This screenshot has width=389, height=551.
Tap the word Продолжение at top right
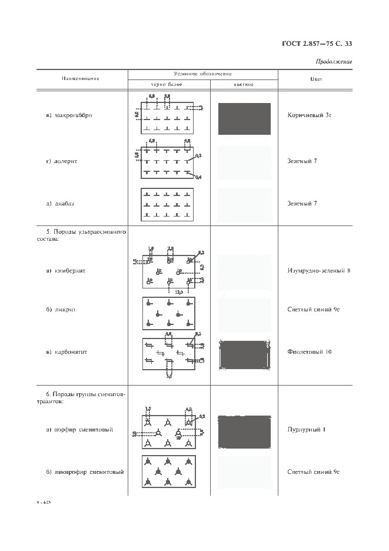[334, 61]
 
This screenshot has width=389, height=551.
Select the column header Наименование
[81, 79]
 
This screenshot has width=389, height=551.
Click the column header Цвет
[315, 79]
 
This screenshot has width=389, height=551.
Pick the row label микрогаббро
[69, 115]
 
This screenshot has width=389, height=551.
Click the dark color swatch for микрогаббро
[244, 119]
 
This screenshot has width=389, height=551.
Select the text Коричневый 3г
[310, 115]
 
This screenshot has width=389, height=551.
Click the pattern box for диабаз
[168, 204]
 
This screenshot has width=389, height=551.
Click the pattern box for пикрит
[168, 313]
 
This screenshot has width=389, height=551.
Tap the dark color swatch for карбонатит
[244, 354]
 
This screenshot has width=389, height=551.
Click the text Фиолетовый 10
[310, 352]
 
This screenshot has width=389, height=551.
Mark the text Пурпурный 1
[307, 429]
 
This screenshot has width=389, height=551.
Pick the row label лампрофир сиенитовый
[85, 472]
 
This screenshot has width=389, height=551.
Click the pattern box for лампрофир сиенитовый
[169, 471]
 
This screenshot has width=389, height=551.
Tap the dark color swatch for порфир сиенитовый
[244, 431]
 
